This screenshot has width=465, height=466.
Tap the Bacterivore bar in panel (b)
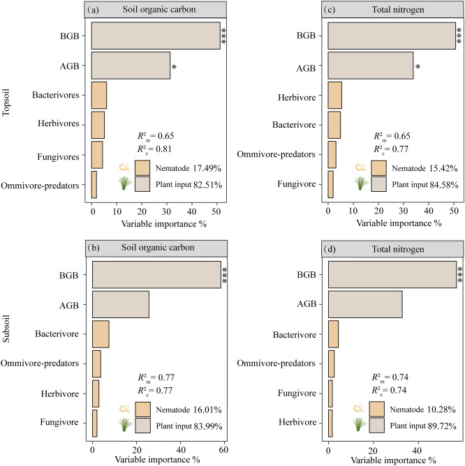[100, 333]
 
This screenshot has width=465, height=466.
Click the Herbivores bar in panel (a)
[98, 125]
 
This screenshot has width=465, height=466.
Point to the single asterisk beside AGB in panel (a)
[174, 67]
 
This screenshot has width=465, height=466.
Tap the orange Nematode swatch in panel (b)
[143, 409]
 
